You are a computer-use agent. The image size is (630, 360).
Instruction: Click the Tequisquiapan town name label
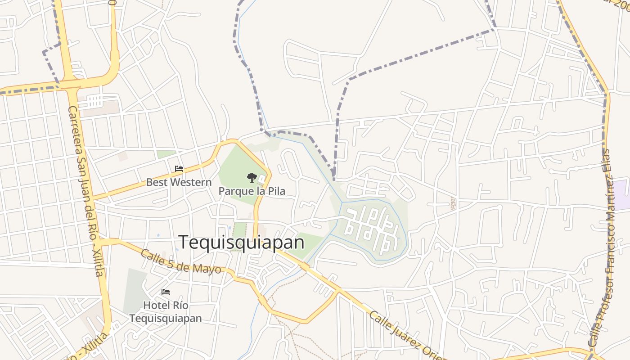tap(242, 243)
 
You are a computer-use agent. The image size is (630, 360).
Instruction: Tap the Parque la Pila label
tap(252, 191)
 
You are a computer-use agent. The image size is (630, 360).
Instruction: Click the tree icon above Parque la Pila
tap(252, 177)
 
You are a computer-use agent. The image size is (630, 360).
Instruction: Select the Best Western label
tap(179, 182)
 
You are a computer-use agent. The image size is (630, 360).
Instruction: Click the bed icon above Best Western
tap(179, 169)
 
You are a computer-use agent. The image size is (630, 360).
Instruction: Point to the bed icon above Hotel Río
tap(166, 292)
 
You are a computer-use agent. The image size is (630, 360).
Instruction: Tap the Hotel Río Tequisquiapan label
tap(166, 311)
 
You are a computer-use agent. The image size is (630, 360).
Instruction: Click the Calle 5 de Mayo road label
tap(180, 261)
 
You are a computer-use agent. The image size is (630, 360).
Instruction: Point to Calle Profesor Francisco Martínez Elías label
tap(603, 247)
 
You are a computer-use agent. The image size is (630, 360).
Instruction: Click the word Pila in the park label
tap(276, 191)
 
